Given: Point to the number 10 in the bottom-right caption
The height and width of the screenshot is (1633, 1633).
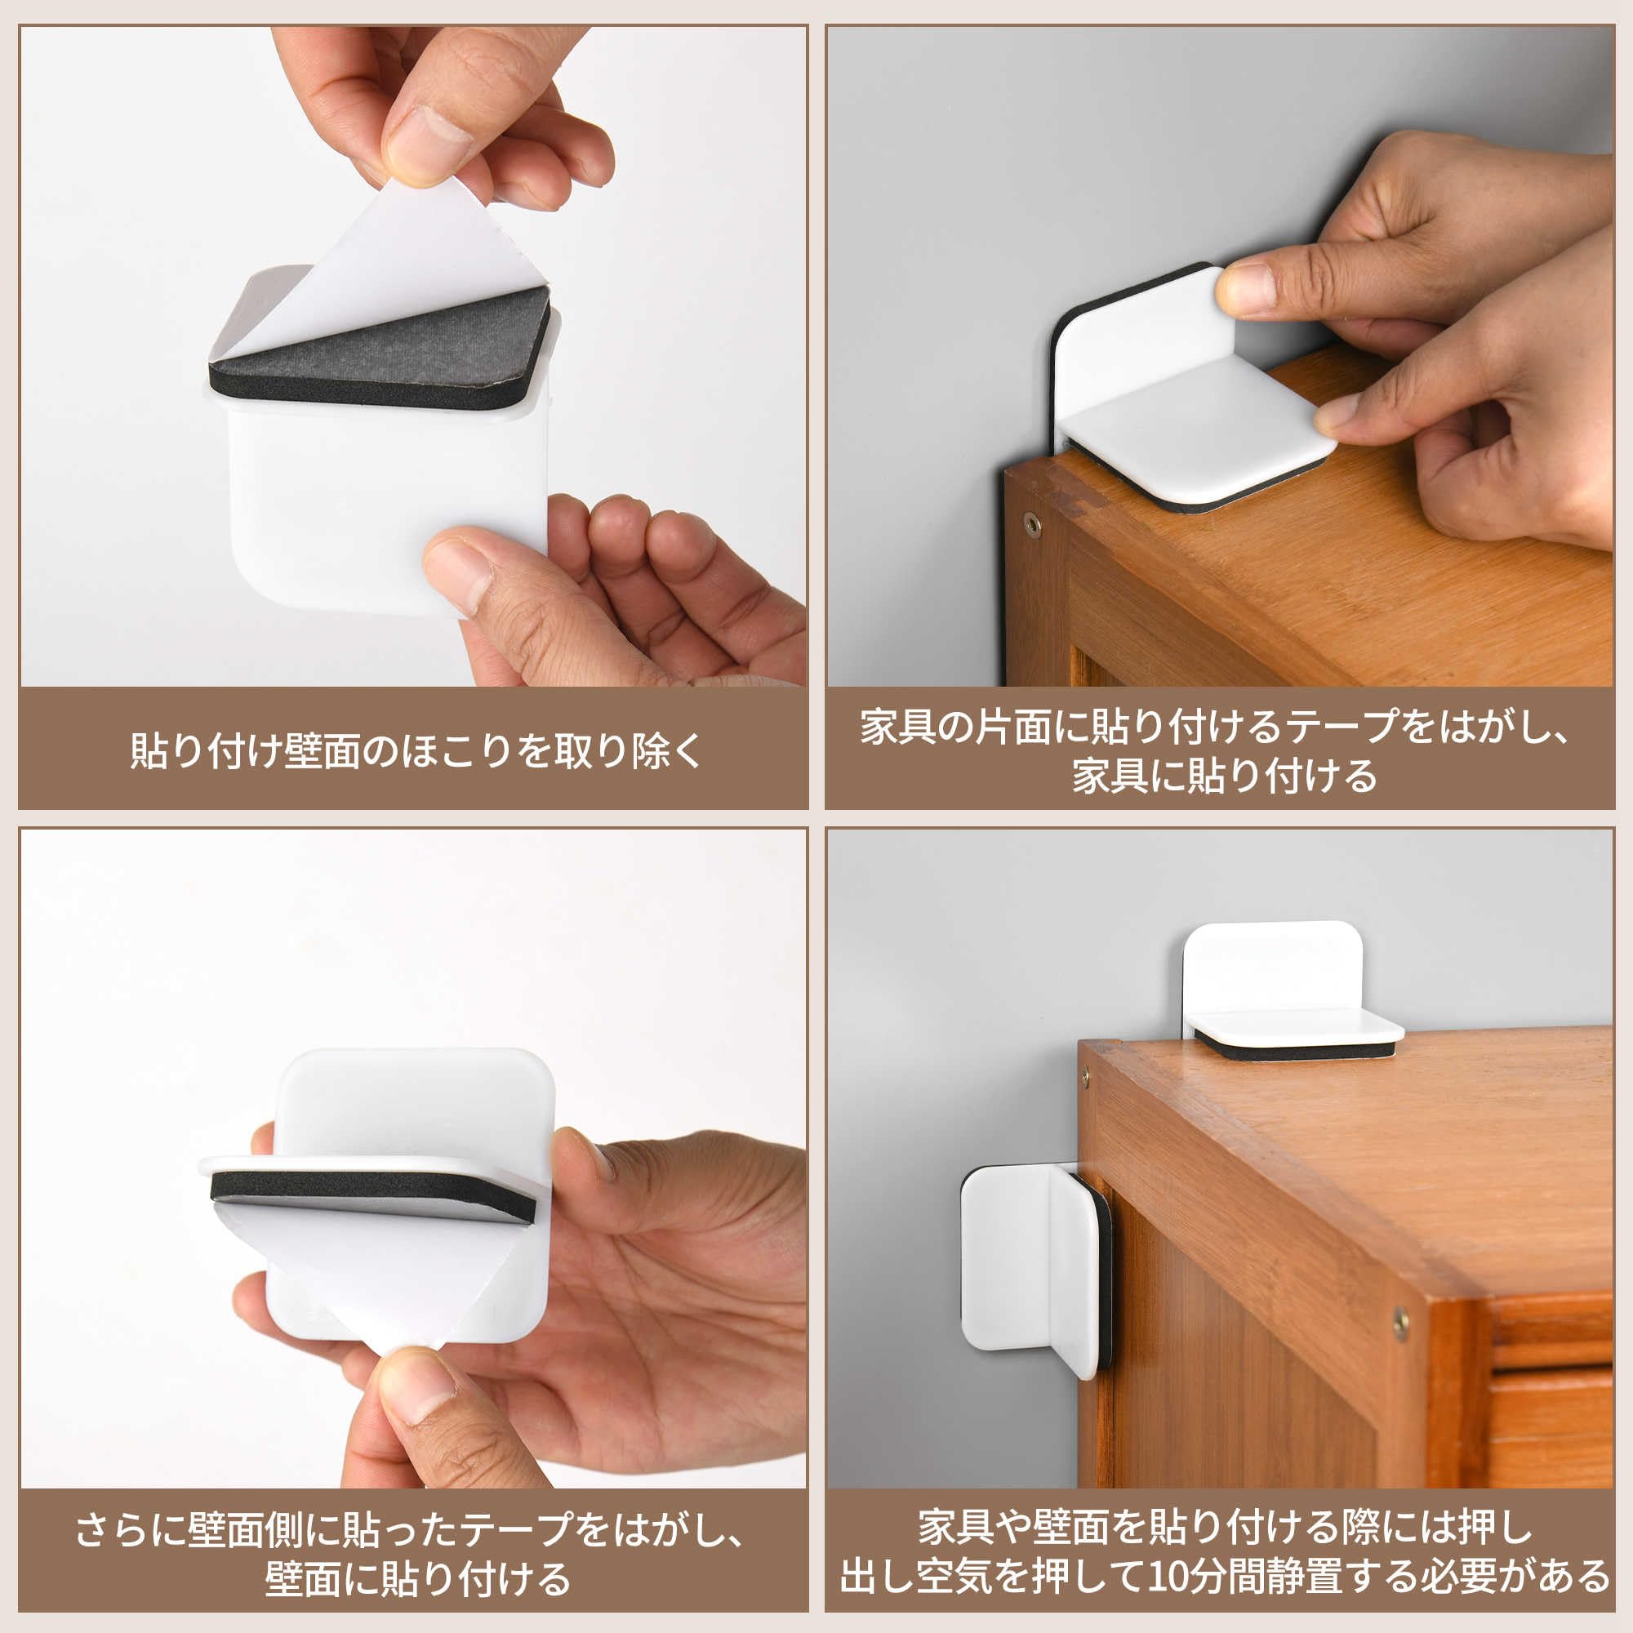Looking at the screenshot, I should tap(1169, 1577).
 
